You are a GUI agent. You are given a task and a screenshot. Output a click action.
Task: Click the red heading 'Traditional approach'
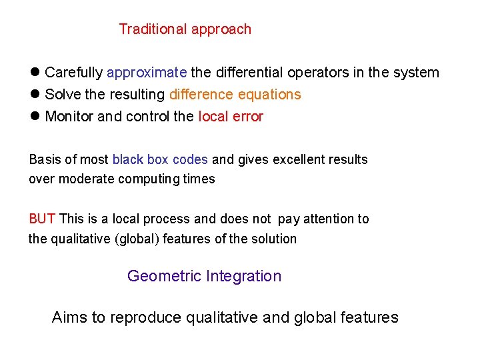185,29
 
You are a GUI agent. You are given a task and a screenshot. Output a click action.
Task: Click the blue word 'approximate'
147,73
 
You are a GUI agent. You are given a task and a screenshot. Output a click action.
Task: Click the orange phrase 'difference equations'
235,95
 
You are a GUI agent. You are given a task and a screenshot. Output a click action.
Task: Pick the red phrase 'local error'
231,117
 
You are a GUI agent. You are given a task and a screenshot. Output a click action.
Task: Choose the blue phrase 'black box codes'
160,160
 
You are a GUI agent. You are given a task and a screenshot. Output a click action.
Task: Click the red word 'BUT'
43,219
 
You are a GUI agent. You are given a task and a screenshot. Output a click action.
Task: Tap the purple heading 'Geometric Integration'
204,276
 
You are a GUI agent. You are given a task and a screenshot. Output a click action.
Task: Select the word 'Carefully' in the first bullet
74,73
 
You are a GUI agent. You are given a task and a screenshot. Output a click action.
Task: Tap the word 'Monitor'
69,117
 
